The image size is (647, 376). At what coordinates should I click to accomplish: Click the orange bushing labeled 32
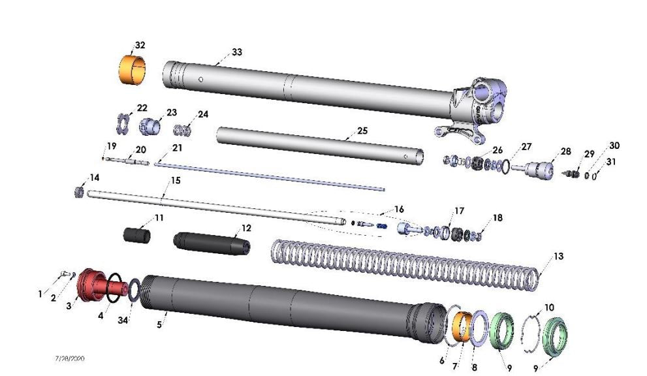131,69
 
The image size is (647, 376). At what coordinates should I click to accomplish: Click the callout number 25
361,131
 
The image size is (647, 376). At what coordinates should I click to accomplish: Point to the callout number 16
399,209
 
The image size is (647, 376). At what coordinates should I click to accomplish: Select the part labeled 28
540,168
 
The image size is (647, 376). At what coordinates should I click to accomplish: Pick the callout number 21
177,148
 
